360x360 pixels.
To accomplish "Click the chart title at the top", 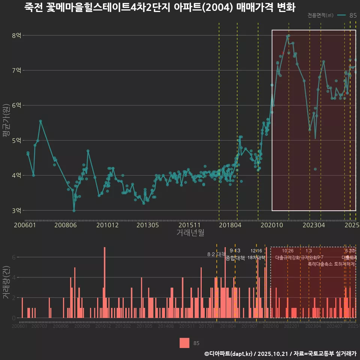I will [159, 7].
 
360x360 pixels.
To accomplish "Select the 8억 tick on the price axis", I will [16, 36].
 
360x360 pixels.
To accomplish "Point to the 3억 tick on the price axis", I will [16, 210].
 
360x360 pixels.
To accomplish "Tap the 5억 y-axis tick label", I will [16, 141].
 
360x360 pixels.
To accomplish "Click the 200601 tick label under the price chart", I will [25, 225].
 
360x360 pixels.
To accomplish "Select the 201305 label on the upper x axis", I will [147, 225].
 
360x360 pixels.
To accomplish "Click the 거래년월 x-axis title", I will [190, 233].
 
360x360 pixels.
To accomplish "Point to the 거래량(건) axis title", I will [6, 282].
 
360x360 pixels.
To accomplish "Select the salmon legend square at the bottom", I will [184, 343].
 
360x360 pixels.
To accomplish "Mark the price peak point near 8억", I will [288, 36].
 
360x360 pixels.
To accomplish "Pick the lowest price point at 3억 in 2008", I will [74, 211].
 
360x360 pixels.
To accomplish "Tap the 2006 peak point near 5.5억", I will [40, 121].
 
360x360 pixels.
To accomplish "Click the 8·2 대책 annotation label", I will [216, 254].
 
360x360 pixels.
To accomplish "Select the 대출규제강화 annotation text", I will [287, 258].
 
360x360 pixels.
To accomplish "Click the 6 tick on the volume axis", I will [14, 257].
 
